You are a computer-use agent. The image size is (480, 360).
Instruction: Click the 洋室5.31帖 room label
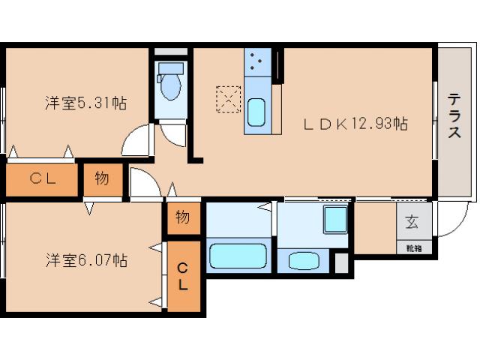tap(85, 103)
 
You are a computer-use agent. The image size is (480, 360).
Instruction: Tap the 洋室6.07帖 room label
tap(85, 260)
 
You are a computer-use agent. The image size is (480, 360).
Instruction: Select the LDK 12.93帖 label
tap(355, 124)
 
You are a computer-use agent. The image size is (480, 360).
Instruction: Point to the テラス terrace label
tap(454, 115)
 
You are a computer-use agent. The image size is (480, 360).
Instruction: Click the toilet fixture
tap(171, 81)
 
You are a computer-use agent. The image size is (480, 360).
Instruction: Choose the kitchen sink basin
tap(256, 113)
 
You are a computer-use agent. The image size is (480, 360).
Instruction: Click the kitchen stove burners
tap(257, 61)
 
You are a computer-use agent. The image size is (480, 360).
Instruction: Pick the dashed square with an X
tap(227, 99)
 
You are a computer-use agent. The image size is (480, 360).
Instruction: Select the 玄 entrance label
tap(413, 222)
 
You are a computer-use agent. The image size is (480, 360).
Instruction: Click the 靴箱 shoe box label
tap(413, 246)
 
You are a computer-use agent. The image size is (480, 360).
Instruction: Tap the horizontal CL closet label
tap(41, 178)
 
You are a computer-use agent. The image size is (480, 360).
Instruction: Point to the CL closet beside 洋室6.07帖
tap(183, 276)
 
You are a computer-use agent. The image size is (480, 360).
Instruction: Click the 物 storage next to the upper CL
tap(102, 178)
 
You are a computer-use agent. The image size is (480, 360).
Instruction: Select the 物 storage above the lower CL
tap(182, 217)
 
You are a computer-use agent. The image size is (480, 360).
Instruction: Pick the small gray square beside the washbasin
tap(341, 262)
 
